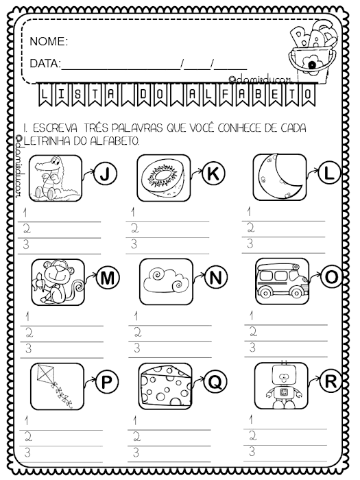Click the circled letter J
click(x=104, y=176)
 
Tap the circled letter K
click(x=214, y=176)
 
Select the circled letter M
click(x=107, y=278)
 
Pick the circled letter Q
click(x=214, y=383)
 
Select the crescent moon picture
click(x=279, y=177)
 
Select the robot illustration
click(x=279, y=386)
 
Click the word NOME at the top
click(x=48, y=43)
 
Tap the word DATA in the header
click(x=45, y=64)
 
